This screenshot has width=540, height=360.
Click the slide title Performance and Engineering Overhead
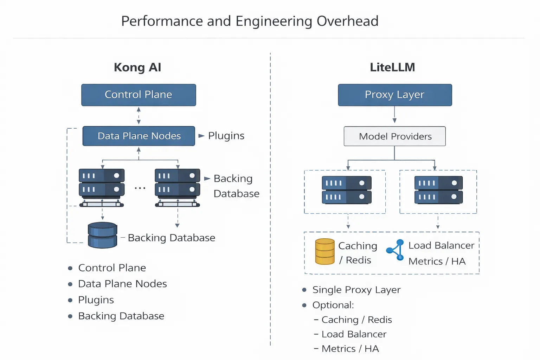(250, 21)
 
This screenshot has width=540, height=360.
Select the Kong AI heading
(137, 67)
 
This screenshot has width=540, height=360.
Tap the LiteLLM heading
(392, 67)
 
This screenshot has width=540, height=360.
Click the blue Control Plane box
(139, 95)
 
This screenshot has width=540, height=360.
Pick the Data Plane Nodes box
(139, 136)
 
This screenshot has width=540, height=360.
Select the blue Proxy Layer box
(395, 95)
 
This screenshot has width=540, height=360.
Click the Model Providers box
(395, 136)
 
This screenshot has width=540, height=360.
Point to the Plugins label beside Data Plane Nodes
(226, 136)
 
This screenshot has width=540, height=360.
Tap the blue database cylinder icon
(102, 235)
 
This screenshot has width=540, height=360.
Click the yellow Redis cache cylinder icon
(325, 252)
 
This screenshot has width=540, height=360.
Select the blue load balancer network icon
(396, 250)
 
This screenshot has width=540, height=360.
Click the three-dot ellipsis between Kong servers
(140, 188)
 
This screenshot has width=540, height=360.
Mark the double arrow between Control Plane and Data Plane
(139, 116)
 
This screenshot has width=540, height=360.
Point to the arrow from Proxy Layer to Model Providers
(394, 115)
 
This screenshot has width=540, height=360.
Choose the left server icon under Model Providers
(347, 190)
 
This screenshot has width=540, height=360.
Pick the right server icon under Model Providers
(438, 190)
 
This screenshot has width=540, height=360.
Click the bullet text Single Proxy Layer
(356, 290)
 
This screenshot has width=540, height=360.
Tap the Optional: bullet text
(333, 305)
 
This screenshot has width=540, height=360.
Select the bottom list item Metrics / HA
(350, 349)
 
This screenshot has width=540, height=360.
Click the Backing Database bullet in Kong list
(121, 316)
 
